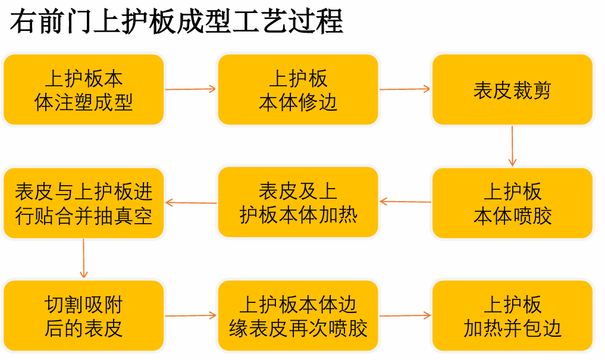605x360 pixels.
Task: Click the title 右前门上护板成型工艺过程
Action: click(x=176, y=21)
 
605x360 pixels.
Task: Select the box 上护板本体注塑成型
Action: click(x=84, y=89)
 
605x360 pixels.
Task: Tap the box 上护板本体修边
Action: click(x=298, y=89)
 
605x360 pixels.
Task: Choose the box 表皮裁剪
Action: click(x=512, y=89)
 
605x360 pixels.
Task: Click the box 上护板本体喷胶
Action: click(x=512, y=203)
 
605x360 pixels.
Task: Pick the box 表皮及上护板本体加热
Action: click(x=298, y=202)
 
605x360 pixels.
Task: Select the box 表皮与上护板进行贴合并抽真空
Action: click(x=84, y=203)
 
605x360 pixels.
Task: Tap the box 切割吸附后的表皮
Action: click(x=84, y=315)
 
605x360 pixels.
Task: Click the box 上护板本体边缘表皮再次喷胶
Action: click(x=298, y=315)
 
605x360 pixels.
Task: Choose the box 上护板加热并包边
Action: click(x=512, y=315)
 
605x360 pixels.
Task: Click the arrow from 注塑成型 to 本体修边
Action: click(x=190, y=89)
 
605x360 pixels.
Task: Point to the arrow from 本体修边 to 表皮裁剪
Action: click(x=405, y=89)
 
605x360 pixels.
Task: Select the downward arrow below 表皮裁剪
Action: click(x=512, y=146)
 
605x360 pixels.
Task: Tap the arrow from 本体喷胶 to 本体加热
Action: click(x=405, y=201)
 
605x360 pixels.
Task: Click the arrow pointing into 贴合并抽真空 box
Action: click(x=191, y=202)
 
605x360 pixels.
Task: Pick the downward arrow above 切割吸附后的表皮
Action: click(x=84, y=258)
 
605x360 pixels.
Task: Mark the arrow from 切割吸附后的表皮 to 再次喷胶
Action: click(x=190, y=315)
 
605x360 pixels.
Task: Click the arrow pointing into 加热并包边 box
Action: click(x=405, y=315)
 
